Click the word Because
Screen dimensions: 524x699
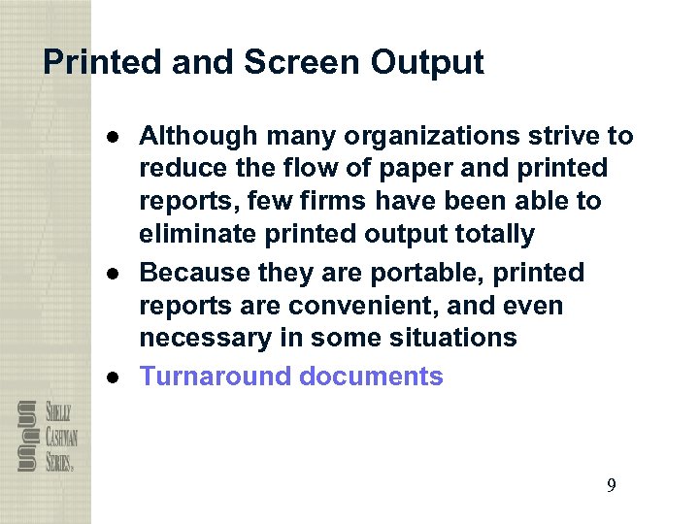click(x=191, y=274)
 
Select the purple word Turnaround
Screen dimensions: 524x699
click(x=216, y=377)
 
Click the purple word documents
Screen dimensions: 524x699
click(x=371, y=377)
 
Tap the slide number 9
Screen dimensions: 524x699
click(x=611, y=486)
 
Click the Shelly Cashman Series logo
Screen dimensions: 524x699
click(x=46, y=437)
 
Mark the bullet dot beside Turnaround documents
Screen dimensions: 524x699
click(x=115, y=377)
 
